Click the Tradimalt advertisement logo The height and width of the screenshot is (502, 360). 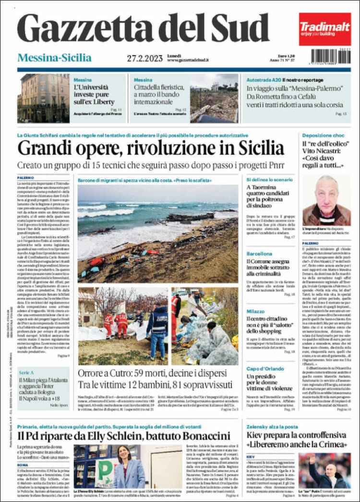(324, 28)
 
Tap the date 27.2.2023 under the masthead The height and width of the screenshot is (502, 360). (145, 58)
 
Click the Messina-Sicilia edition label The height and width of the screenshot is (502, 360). (54, 58)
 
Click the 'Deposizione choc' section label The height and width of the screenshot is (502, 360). (324, 135)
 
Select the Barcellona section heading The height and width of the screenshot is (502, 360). (260, 253)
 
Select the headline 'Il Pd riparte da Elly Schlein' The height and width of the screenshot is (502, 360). (124, 436)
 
